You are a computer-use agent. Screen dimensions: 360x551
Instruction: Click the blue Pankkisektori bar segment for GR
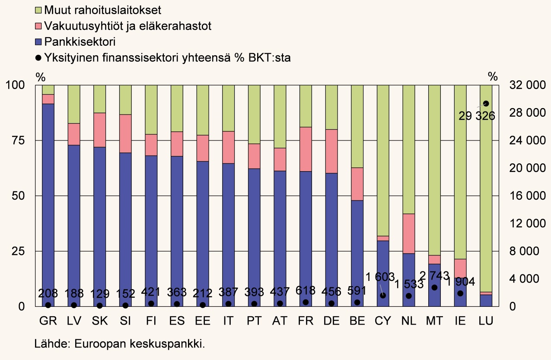tap(48, 203)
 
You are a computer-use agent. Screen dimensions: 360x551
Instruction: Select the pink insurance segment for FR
tap(306, 149)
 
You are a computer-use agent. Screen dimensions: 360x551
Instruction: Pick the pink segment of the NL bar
tap(408, 233)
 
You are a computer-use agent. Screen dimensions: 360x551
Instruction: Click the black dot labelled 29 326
tap(486, 103)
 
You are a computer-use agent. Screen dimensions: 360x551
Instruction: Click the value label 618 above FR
tap(306, 290)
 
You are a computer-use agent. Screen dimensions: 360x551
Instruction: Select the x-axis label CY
tap(383, 322)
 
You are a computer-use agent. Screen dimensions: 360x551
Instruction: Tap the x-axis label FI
tap(151, 322)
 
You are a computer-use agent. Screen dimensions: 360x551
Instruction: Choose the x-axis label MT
tap(434, 322)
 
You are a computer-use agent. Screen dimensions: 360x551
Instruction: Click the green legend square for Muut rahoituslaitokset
tap(38, 9)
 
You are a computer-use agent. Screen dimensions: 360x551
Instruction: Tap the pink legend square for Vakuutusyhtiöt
tap(38, 25)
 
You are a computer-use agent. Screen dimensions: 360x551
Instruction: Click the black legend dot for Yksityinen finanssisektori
tap(38, 57)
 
